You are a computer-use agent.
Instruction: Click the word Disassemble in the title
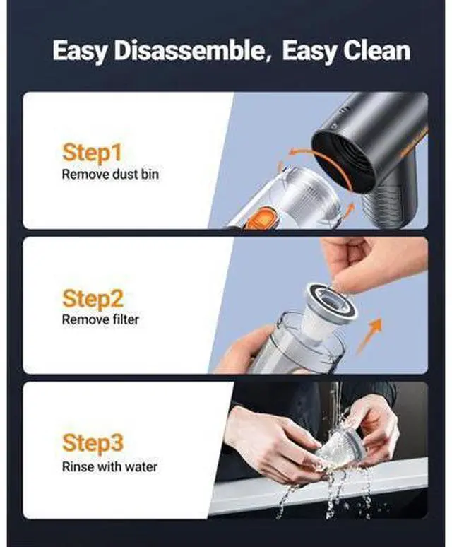[x=189, y=51]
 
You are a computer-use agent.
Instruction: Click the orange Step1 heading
[x=92, y=153]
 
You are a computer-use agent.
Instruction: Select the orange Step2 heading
[x=93, y=300]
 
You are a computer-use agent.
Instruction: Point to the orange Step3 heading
[x=93, y=443]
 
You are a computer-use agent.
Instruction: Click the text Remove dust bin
[x=110, y=174]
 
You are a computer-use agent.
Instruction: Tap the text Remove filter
[x=100, y=319]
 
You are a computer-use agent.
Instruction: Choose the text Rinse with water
[x=109, y=466]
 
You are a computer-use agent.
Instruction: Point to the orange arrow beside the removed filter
[x=370, y=336]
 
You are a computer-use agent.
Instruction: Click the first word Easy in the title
[x=80, y=52]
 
